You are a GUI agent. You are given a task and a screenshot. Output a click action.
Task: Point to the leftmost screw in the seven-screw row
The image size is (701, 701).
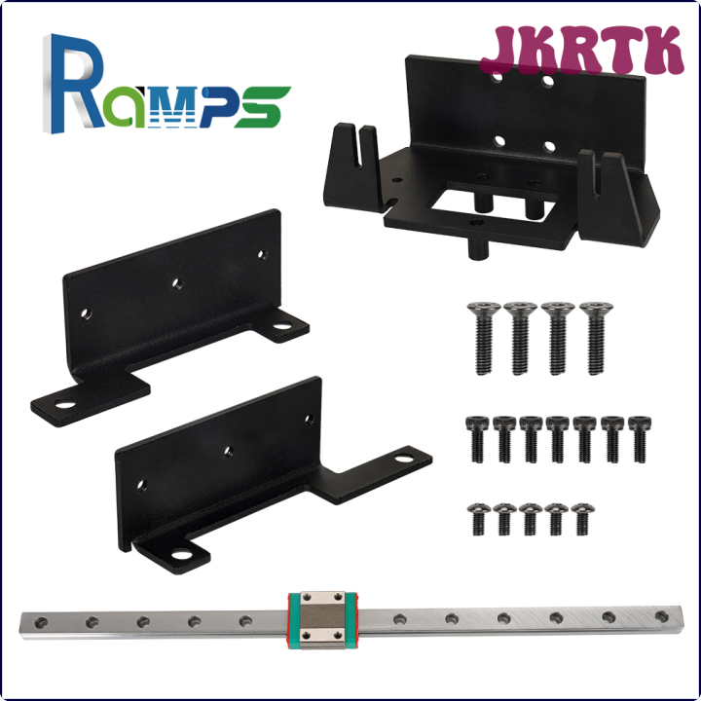click(477, 437)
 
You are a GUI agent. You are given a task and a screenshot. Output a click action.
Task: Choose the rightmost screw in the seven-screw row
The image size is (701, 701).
click(638, 437)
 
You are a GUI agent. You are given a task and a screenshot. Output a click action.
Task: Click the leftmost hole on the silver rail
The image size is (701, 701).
click(40, 616)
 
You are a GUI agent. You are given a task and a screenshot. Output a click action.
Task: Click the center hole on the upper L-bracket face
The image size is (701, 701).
click(177, 283)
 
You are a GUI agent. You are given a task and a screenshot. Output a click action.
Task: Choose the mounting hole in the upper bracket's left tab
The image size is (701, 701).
click(66, 402)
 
